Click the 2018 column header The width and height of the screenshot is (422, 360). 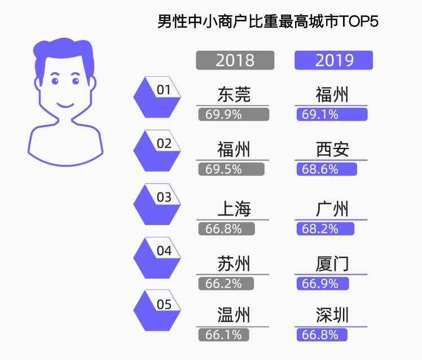click(235, 60)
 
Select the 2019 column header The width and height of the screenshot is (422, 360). click(333, 60)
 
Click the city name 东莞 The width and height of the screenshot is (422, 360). click(234, 94)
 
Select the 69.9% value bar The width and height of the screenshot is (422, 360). click(234, 115)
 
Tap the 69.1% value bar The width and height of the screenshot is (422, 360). click(332, 115)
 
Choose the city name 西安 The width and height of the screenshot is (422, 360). click(332, 149)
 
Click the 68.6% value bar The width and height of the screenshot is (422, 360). click(327, 169)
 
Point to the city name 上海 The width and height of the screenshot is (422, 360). click(234, 209)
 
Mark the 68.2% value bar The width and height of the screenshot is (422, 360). click(326, 229)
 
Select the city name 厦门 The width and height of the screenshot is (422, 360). click(332, 264)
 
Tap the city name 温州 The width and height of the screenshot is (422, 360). click(234, 314)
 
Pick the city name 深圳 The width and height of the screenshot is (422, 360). click(332, 314)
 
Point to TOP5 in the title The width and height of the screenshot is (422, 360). click(359, 23)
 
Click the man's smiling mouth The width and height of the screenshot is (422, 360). click(65, 105)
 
